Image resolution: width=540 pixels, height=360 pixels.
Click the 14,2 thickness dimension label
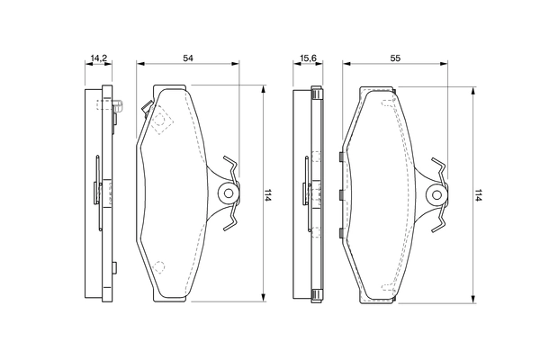tap(97, 58)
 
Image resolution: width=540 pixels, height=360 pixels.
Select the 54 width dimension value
tap(188, 58)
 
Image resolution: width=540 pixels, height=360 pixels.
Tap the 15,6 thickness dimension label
tap(306, 58)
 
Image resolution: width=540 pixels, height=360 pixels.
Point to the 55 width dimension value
tap(397, 58)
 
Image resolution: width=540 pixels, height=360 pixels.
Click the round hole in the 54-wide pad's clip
tap(229, 193)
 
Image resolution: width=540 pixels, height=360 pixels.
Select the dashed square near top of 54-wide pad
tap(160, 120)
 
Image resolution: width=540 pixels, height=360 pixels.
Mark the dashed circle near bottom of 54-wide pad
tap(159, 266)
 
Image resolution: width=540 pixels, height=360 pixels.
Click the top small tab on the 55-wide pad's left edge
tap(338, 157)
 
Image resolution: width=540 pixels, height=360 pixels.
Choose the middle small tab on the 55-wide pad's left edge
tap(338, 194)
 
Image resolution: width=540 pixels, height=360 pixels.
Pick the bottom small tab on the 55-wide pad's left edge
tap(338, 233)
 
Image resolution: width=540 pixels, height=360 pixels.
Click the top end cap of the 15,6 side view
tap(316, 92)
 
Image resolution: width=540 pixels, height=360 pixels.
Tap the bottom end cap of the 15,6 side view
tap(316, 296)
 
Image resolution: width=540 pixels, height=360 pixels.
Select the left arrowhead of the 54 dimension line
tap(139, 65)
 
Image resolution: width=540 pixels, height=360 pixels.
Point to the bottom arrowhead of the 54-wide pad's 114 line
tap(263, 298)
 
